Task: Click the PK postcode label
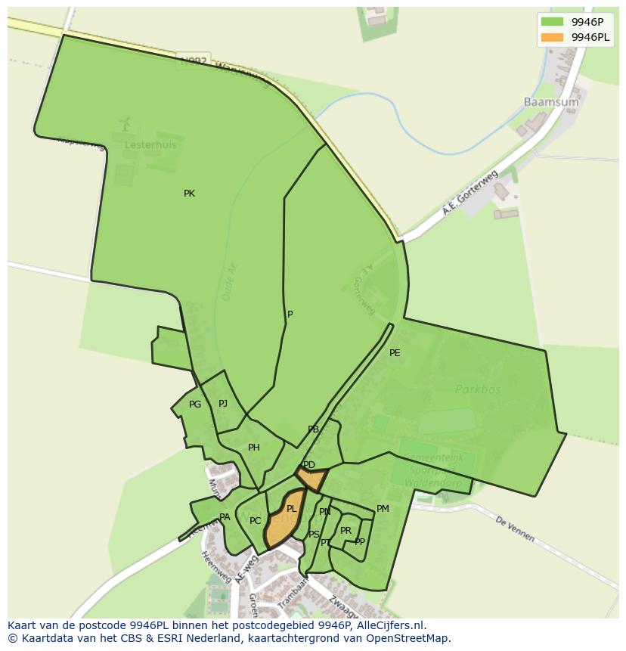pos(189,194)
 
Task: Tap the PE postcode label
pos(395,353)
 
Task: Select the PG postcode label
pos(195,405)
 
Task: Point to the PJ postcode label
pos(223,404)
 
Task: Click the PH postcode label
pos(254,448)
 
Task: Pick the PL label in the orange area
pos(292,509)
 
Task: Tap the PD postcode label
pos(308,465)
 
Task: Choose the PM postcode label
pos(383,509)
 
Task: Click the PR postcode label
pos(346,531)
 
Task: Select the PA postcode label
pos(225,517)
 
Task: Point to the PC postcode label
pos(256,521)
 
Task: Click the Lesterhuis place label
pos(151,144)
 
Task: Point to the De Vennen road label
pos(515,529)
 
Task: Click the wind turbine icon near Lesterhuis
pos(126,123)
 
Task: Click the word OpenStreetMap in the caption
pos(406,638)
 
